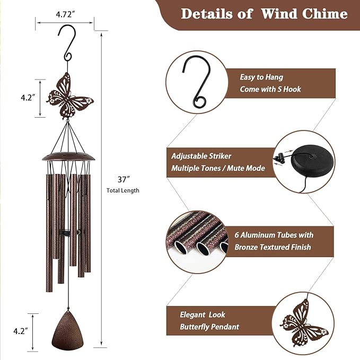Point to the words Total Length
coord(123,190)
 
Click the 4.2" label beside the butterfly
coord(28,98)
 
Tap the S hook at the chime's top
coord(68,45)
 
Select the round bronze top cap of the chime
coord(68,157)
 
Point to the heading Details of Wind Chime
coord(264,14)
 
